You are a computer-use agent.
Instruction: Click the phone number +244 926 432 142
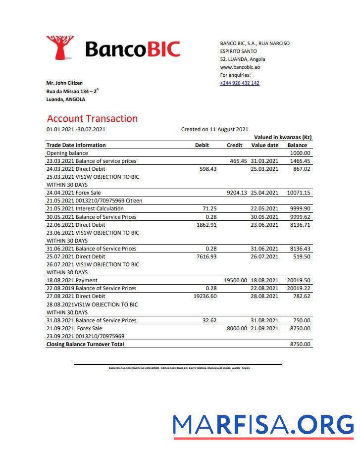[x=239, y=83]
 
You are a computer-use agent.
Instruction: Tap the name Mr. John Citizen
[x=64, y=83]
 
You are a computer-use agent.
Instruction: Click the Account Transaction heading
[x=92, y=119]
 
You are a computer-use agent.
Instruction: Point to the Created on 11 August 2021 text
[x=214, y=130]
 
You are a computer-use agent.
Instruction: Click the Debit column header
[x=202, y=146]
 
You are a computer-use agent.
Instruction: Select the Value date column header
[x=265, y=146]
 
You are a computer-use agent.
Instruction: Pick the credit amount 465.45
[x=238, y=161]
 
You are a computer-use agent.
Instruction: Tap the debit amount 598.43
[x=207, y=169]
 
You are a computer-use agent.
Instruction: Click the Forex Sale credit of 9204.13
[x=237, y=193]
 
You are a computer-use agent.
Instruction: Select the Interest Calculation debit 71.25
[x=210, y=209]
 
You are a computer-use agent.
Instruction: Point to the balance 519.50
[x=301, y=256]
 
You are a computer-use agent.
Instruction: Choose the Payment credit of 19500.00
[x=235, y=280]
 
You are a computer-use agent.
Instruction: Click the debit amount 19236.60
[x=205, y=296]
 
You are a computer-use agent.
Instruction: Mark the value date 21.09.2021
[x=265, y=328]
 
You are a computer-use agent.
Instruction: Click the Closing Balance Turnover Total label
[x=85, y=344]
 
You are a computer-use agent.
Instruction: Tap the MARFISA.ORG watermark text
[x=263, y=425]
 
